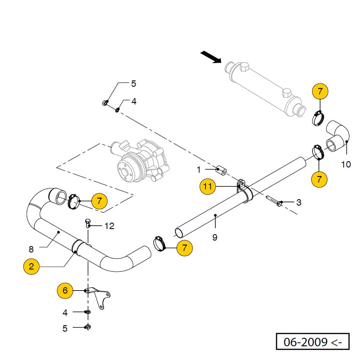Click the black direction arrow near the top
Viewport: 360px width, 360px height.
tap(211, 57)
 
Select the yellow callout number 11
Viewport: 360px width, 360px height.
tap(208, 186)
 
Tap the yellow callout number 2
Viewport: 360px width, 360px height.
tap(31, 267)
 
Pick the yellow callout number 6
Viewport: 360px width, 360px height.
tap(65, 291)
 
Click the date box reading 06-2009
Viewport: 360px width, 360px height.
tap(312, 342)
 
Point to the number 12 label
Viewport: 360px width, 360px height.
tap(109, 226)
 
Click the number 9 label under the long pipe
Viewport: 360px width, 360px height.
tap(215, 238)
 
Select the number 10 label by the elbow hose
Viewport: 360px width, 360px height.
tap(346, 165)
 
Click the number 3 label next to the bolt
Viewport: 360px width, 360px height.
tap(299, 202)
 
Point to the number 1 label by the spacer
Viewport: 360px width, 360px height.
tap(198, 169)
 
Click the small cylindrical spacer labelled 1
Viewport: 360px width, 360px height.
tap(221, 170)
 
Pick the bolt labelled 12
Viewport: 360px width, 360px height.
tap(87, 224)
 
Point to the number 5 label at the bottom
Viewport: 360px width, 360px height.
tap(65, 328)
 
